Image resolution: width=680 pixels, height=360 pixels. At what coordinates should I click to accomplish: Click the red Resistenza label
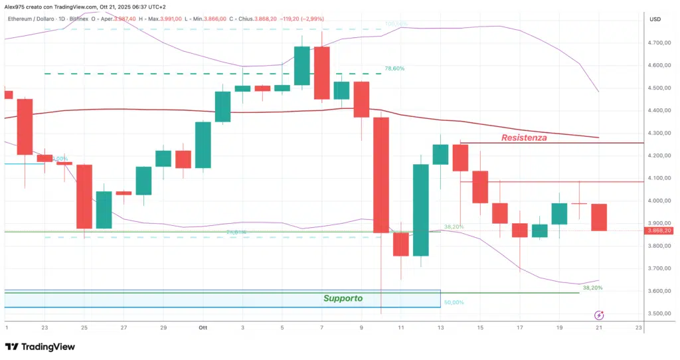[524, 137]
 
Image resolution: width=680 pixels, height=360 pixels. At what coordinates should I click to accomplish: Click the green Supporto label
[343, 298]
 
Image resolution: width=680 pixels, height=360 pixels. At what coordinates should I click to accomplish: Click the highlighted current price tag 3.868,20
[658, 230]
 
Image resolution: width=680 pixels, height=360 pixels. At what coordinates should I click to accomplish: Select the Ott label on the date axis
[202, 327]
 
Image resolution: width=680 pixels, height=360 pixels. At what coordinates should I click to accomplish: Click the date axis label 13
[440, 327]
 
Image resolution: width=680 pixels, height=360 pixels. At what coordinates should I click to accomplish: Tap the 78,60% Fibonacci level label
[394, 68]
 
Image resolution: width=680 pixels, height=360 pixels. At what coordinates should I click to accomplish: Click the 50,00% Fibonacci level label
[454, 302]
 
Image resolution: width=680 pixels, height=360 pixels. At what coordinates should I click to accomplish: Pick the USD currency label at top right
[655, 20]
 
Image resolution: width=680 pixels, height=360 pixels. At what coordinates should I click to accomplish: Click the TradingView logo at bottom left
[40, 347]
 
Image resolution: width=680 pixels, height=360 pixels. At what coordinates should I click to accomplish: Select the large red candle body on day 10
[381, 175]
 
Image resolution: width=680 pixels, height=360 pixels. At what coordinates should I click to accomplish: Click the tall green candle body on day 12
[420, 210]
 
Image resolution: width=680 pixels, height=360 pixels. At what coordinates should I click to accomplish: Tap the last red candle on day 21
[598, 217]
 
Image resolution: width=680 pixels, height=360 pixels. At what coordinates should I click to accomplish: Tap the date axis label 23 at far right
[638, 327]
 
